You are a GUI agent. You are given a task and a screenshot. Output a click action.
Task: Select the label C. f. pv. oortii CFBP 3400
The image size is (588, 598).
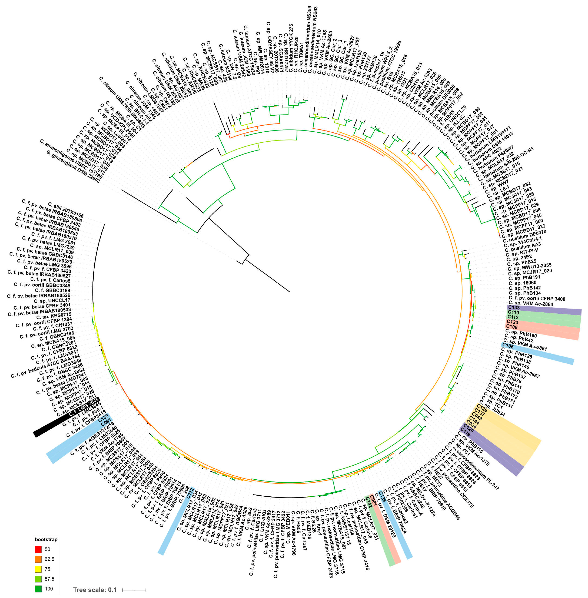pos(537,299)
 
